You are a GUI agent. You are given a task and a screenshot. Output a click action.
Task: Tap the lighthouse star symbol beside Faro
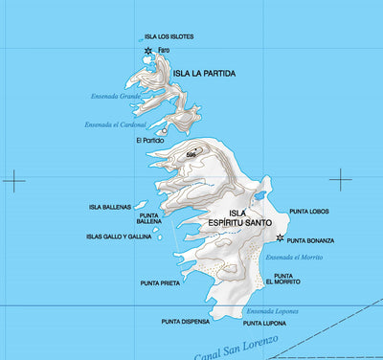click(147, 50)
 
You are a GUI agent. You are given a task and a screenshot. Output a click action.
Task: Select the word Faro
click(163, 50)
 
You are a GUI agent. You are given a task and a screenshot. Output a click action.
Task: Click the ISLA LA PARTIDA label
click(204, 73)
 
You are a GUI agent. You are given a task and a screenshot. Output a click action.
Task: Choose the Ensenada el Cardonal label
click(115, 124)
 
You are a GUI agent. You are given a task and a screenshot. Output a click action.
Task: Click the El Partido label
click(150, 140)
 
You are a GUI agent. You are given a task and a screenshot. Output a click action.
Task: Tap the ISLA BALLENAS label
click(109, 206)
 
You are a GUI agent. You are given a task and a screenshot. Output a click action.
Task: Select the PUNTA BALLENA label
click(148, 219)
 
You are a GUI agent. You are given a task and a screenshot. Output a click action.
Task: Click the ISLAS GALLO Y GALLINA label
click(119, 236)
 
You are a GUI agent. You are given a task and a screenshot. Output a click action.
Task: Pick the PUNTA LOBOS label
click(309, 212)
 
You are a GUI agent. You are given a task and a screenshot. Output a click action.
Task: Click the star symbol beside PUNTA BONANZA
click(280, 238)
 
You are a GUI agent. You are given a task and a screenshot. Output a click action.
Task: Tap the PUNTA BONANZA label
click(310, 240)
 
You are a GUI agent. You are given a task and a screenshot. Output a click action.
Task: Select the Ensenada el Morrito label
click(294, 258)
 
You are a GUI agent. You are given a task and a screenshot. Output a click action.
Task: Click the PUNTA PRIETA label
click(160, 283)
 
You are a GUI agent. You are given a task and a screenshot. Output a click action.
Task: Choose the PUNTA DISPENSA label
click(186, 322)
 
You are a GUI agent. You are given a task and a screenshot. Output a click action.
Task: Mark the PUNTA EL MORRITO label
click(283, 279)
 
